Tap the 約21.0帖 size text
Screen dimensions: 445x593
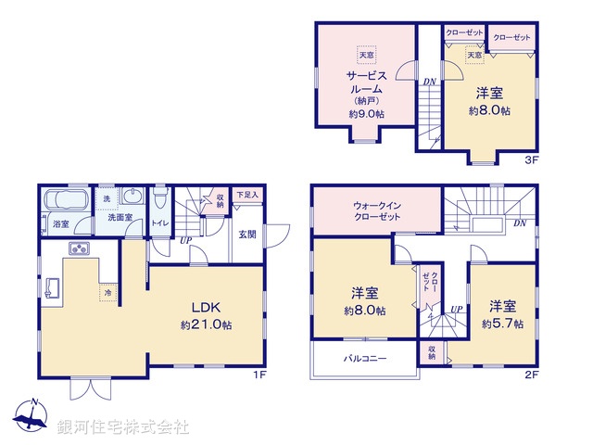[206, 325]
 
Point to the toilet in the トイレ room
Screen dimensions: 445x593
[158, 200]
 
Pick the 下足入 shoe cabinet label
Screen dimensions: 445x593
[246, 195]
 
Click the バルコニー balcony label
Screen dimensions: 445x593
[365, 358]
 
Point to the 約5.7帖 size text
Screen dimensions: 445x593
[502, 324]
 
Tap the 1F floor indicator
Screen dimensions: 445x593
[261, 375]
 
